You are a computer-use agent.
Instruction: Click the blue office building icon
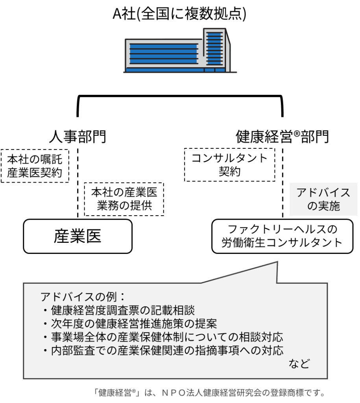[x=180, y=51]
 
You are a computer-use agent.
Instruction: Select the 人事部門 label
[x=78, y=137]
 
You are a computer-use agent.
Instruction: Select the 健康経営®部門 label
[x=282, y=137]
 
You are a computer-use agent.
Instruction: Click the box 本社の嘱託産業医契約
[x=35, y=166]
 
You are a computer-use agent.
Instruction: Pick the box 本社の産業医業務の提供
[x=124, y=199]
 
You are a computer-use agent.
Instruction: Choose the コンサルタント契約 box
[x=229, y=165]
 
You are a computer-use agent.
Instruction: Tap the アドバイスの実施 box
[x=323, y=199]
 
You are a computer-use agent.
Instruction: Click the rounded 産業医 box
[x=78, y=236]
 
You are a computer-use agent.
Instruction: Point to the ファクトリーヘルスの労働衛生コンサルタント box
[x=282, y=236]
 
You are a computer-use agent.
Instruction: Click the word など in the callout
[x=299, y=364]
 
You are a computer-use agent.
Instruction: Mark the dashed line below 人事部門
[x=78, y=181]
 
